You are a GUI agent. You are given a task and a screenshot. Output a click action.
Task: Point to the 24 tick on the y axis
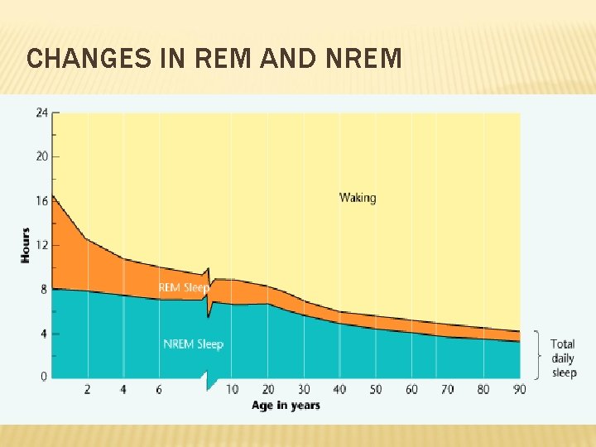pos(41,113)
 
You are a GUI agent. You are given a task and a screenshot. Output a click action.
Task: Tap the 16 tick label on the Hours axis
pos(41,201)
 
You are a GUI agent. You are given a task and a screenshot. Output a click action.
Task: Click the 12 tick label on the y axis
pos(41,245)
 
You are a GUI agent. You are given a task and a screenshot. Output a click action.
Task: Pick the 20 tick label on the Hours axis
pos(41,156)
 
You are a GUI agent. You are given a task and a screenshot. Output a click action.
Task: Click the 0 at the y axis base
pos(44,377)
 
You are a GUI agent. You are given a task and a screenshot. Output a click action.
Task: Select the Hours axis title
pos(26,245)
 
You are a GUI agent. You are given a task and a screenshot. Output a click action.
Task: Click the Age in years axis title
pos(286,405)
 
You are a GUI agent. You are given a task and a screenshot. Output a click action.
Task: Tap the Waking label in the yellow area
pos(358,198)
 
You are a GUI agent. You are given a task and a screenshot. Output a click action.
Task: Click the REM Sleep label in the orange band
pos(183,288)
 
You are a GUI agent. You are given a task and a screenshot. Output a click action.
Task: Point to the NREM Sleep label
pos(193,344)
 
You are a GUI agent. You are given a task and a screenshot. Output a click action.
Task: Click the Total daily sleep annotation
pos(563,358)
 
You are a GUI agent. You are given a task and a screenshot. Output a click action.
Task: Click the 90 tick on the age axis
pos(519,389)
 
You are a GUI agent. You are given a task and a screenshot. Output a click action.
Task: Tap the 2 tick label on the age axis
pos(88,389)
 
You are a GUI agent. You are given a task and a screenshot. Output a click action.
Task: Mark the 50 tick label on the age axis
pos(375,389)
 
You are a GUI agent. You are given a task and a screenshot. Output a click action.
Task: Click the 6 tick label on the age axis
pos(159,389)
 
